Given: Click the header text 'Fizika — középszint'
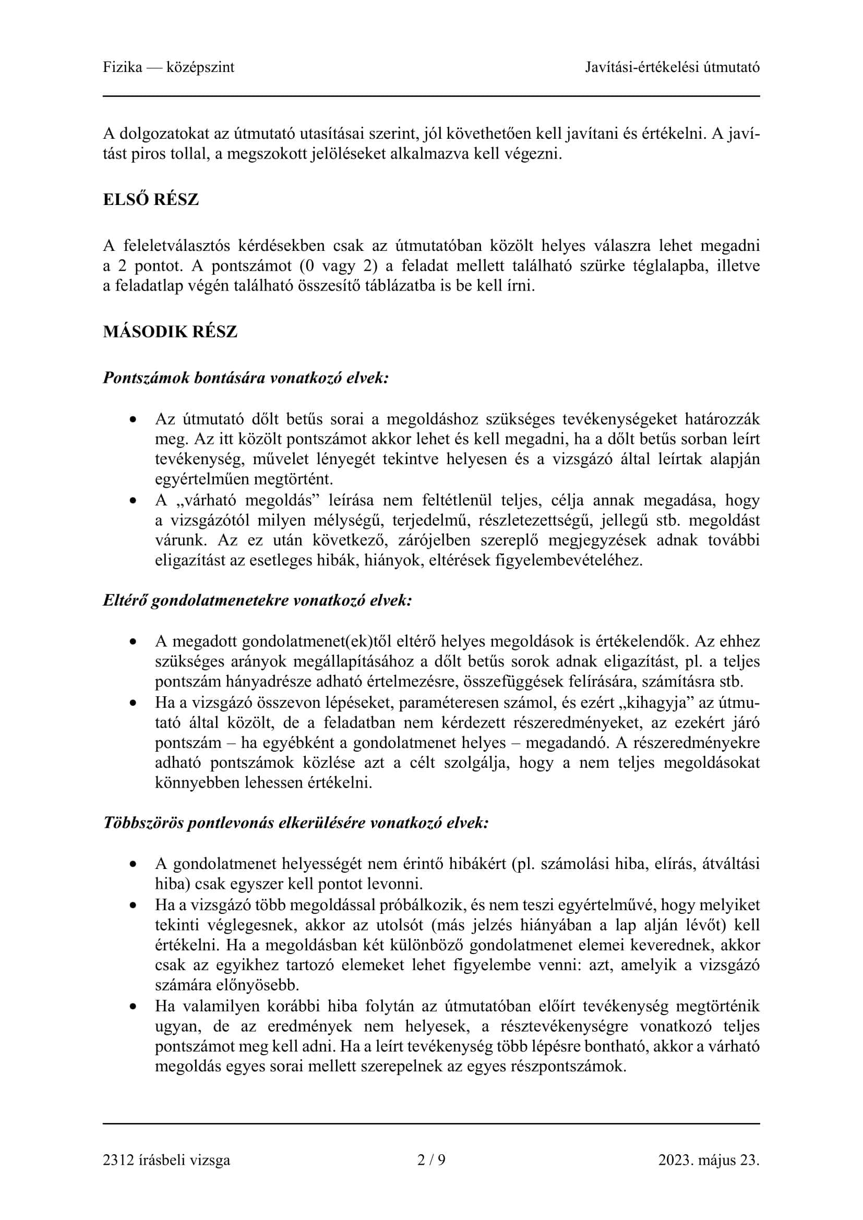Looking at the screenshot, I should tap(169, 67).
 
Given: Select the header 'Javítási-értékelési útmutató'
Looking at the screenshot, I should tap(672, 67).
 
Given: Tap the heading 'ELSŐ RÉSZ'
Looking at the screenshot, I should tap(151, 200).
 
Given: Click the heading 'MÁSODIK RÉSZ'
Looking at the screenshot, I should tap(170, 332).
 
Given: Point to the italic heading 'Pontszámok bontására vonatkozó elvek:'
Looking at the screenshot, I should tap(246, 378).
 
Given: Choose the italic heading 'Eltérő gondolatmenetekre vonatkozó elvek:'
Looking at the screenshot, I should tap(258, 600).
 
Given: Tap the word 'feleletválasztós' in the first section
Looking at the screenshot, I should tap(175, 246).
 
